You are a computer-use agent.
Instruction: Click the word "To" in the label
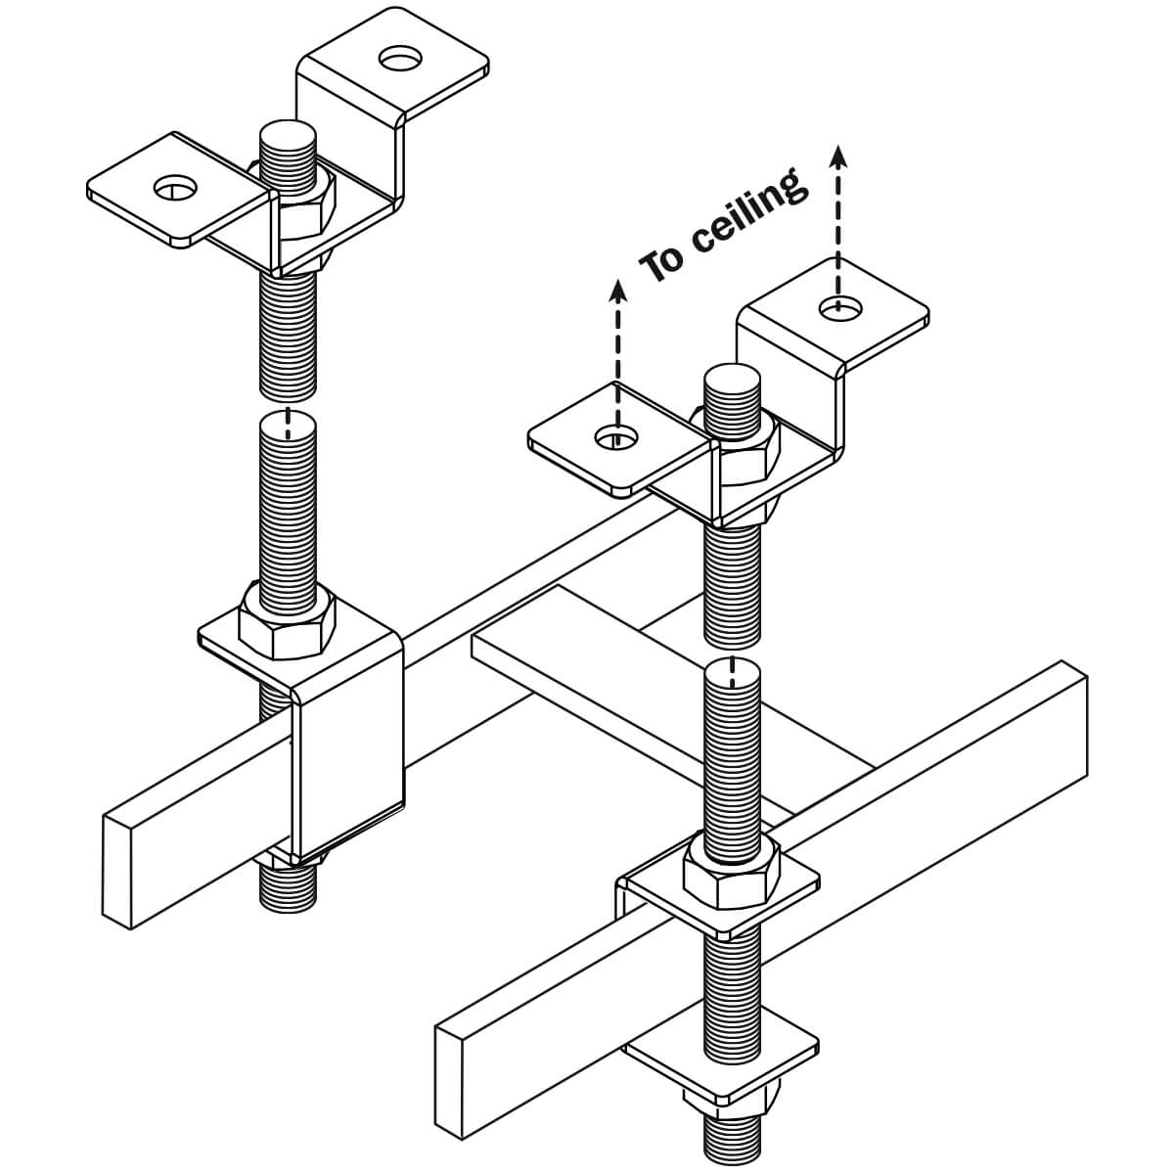(x=662, y=262)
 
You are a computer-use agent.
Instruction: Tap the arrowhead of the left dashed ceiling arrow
(x=617, y=288)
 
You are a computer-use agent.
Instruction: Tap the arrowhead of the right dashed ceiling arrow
(x=838, y=155)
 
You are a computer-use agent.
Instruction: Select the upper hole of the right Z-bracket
(x=840, y=308)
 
